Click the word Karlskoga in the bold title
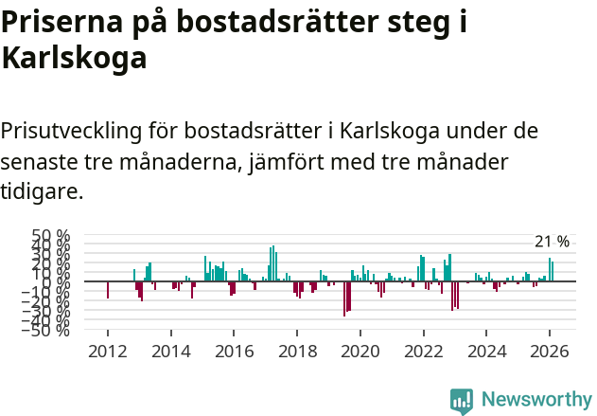coord(74,59)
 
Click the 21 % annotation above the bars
coord(553,242)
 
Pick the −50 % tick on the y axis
coord(50,330)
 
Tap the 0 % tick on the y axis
coord(59,282)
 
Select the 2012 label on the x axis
coord(108,351)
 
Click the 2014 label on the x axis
coord(170,351)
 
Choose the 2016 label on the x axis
coord(234,351)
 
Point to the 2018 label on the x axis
coord(296,351)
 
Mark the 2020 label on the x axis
coord(360,351)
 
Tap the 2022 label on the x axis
coord(422,351)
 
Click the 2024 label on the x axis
coord(485,351)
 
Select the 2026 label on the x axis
coord(548,351)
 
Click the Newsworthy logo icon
coord(462,400)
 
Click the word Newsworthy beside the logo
coord(536,400)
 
